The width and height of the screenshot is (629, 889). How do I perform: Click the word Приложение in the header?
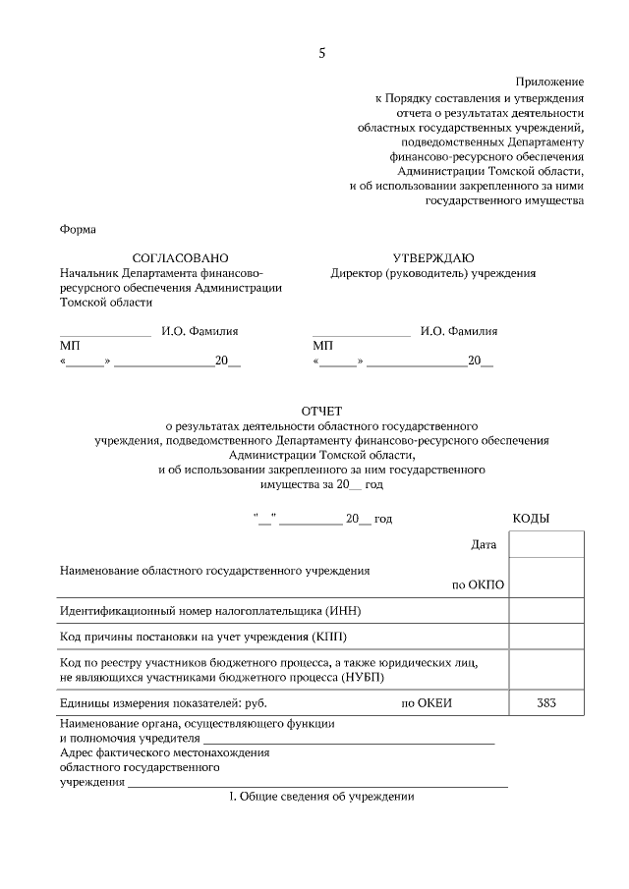(549, 82)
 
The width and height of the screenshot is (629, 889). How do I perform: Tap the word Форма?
(78, 230)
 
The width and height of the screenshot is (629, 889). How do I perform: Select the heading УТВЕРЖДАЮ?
(433, 257)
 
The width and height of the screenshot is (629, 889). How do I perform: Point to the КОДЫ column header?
(531, 519)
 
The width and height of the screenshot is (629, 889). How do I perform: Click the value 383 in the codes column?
(546, 703)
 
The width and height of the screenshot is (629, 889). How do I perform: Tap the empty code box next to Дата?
(546, 544)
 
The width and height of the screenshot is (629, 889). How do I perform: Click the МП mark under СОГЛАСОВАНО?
(70, 347)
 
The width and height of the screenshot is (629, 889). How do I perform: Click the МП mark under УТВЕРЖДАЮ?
(322, 347)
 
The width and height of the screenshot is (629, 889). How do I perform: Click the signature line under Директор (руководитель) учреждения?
(361, 336)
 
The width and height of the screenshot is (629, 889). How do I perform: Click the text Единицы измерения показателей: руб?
(163, 703)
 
